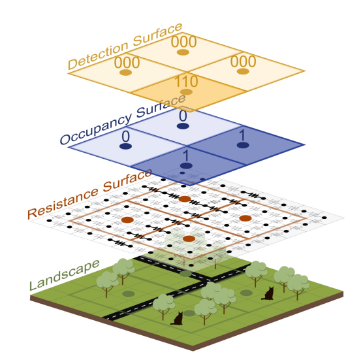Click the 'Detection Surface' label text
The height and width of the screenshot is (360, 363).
coord(124,48)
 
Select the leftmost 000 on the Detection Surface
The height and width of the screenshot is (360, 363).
coord(127,62)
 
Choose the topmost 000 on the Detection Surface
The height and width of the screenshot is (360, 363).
coord(183,41)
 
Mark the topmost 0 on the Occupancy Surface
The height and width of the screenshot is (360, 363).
coord(183,115)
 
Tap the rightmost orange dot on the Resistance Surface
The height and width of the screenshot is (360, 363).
coord(245,218)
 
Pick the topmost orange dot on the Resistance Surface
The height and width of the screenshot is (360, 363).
coord(185,199)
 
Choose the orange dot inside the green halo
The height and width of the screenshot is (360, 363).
coord(189,239)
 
